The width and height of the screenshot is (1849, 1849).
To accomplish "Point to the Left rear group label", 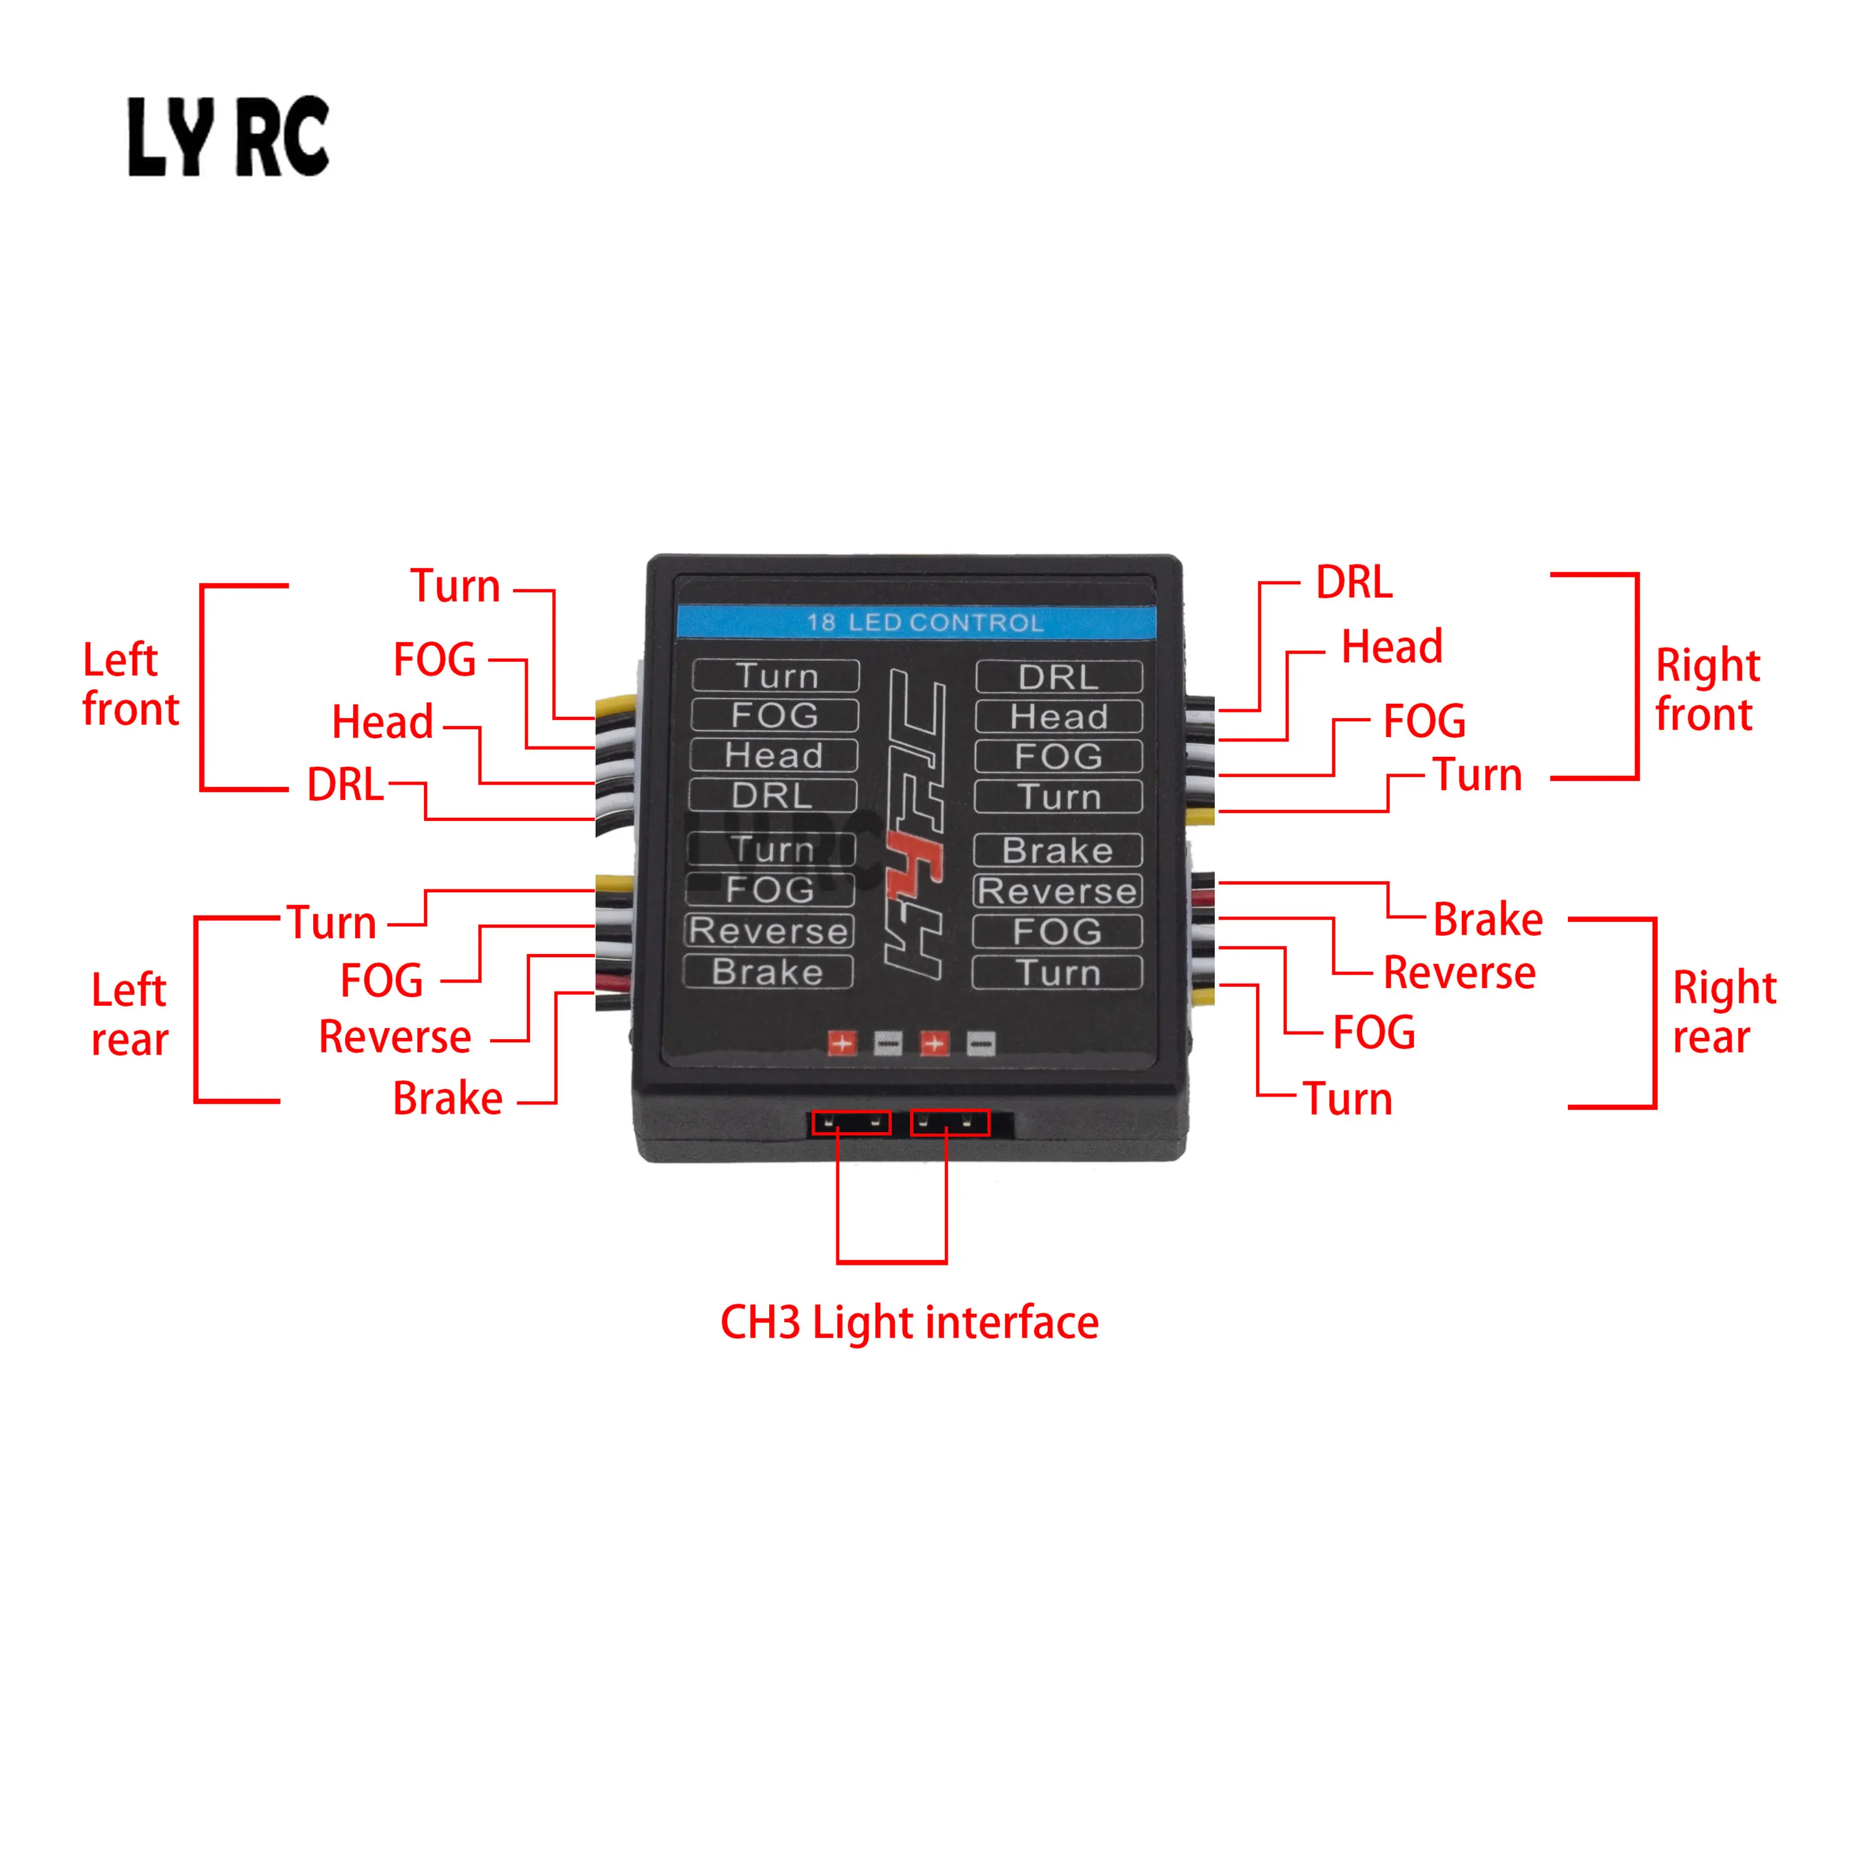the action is (129, 1014).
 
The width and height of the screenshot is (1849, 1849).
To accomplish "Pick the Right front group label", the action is (1707, 689).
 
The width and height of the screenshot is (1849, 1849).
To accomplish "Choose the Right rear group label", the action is (1724, 1011).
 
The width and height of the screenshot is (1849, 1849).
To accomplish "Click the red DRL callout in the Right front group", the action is (1354, 582).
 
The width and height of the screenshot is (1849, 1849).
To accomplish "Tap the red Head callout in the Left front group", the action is (382, 722).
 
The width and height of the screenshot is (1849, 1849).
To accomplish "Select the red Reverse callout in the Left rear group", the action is (394, 1037).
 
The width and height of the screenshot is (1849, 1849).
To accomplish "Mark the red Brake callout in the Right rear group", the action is (1487, 919).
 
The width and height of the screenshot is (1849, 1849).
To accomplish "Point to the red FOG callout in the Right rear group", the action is (1374, 1032).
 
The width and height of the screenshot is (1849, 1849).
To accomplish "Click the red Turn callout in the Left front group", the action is (455, 586).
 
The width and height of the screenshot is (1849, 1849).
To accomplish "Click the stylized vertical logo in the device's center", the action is (915, 825).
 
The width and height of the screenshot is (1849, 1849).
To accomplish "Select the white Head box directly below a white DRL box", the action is (1058, 716).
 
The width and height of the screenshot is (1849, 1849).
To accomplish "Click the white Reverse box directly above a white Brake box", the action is (769, 930).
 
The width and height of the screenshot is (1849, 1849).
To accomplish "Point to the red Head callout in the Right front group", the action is (1392, 647).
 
